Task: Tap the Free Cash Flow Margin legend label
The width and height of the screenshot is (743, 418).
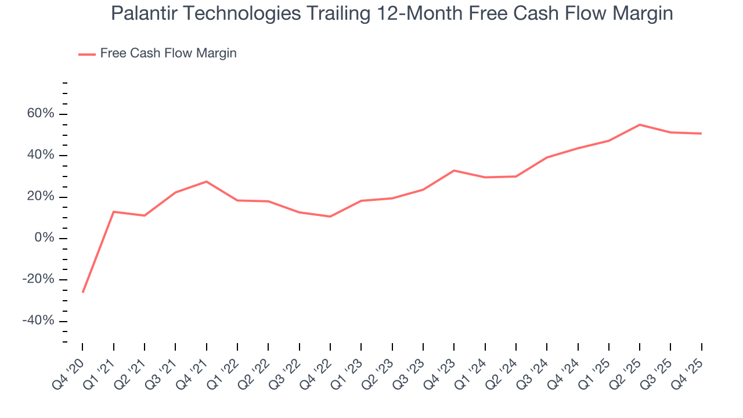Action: (168, 53)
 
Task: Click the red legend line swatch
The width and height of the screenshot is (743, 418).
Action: (87, 54)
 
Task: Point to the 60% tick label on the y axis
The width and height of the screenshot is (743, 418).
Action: (41, 114)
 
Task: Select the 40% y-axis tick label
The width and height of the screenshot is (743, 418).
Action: (41, 156)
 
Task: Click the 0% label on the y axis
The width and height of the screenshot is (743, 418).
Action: (44, 239)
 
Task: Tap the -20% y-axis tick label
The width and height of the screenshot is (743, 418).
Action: (38, 280)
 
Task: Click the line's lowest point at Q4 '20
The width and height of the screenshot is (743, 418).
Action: (82, 292)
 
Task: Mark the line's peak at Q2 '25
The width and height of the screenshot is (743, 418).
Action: (640, 125)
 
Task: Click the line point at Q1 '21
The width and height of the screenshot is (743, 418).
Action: (113, 212)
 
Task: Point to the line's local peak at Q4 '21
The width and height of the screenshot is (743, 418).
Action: (206, 182)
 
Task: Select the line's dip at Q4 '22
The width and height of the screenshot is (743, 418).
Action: (330, 217)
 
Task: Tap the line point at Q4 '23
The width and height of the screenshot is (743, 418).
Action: (454, 171)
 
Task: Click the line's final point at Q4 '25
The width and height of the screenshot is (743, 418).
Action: (701, 134)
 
